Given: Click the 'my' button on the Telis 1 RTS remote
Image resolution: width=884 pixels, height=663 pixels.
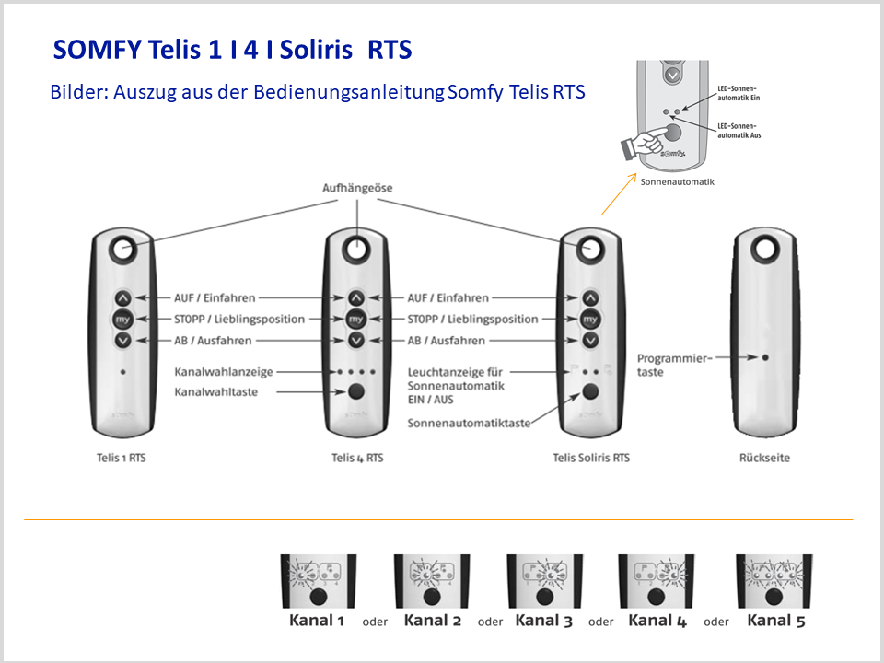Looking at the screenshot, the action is click(122, 320).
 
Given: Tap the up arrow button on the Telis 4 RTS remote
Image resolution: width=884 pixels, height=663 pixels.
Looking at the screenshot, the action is click(356, 297).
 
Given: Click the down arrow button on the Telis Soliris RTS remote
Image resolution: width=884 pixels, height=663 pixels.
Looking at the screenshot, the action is click(590, 341).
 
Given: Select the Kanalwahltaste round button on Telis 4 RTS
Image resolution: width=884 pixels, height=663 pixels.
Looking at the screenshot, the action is click(356, 391).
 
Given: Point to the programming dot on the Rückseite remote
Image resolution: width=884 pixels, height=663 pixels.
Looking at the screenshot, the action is click(765, 357).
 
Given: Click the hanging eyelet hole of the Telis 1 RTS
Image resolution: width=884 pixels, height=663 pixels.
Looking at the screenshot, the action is click(123, 249).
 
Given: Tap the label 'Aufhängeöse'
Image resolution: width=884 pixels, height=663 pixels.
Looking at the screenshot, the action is click(357, 188).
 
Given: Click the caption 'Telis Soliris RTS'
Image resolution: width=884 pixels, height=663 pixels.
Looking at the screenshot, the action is click(591, 458).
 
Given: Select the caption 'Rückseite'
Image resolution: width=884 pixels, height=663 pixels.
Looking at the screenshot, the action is click(764, 458).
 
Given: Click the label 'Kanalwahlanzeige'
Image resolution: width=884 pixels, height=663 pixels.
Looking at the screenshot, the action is click(223, 372).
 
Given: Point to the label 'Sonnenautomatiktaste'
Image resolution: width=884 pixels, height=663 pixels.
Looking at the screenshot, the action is click(469, 423).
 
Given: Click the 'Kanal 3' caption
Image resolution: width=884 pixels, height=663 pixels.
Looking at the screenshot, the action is click(543, 621).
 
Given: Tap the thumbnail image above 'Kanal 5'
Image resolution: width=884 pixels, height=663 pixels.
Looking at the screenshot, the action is click(774, 581).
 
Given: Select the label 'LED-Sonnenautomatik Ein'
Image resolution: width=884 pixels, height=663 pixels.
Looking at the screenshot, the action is click(739, 93).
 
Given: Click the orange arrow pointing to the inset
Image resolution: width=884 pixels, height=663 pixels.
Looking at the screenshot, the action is click(619, 194).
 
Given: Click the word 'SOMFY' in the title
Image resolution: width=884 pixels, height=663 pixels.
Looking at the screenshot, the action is click(97, 50).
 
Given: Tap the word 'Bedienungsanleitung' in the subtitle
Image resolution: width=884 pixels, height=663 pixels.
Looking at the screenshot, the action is click(349, 91).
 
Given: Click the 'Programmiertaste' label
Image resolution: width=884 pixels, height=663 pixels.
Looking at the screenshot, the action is click(674, 365).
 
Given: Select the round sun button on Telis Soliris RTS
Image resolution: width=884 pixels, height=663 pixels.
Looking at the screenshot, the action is click(590, 391).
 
